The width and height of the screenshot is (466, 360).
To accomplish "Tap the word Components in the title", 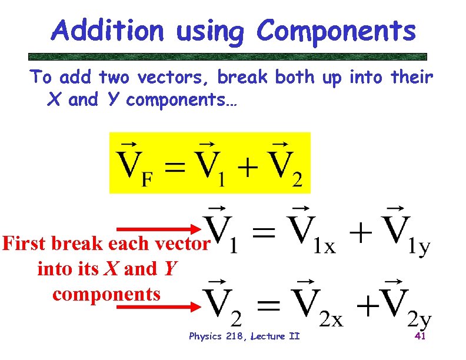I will click(336, 31).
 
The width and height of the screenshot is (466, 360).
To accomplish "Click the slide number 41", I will click(420, 336).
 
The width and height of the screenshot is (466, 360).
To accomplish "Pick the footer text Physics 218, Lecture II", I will click(244, 336).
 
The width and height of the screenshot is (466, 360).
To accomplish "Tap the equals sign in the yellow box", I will click(179, 168).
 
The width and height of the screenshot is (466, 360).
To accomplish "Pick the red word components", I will click(106, 294).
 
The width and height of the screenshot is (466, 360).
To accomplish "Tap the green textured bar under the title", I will click(228, 57).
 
